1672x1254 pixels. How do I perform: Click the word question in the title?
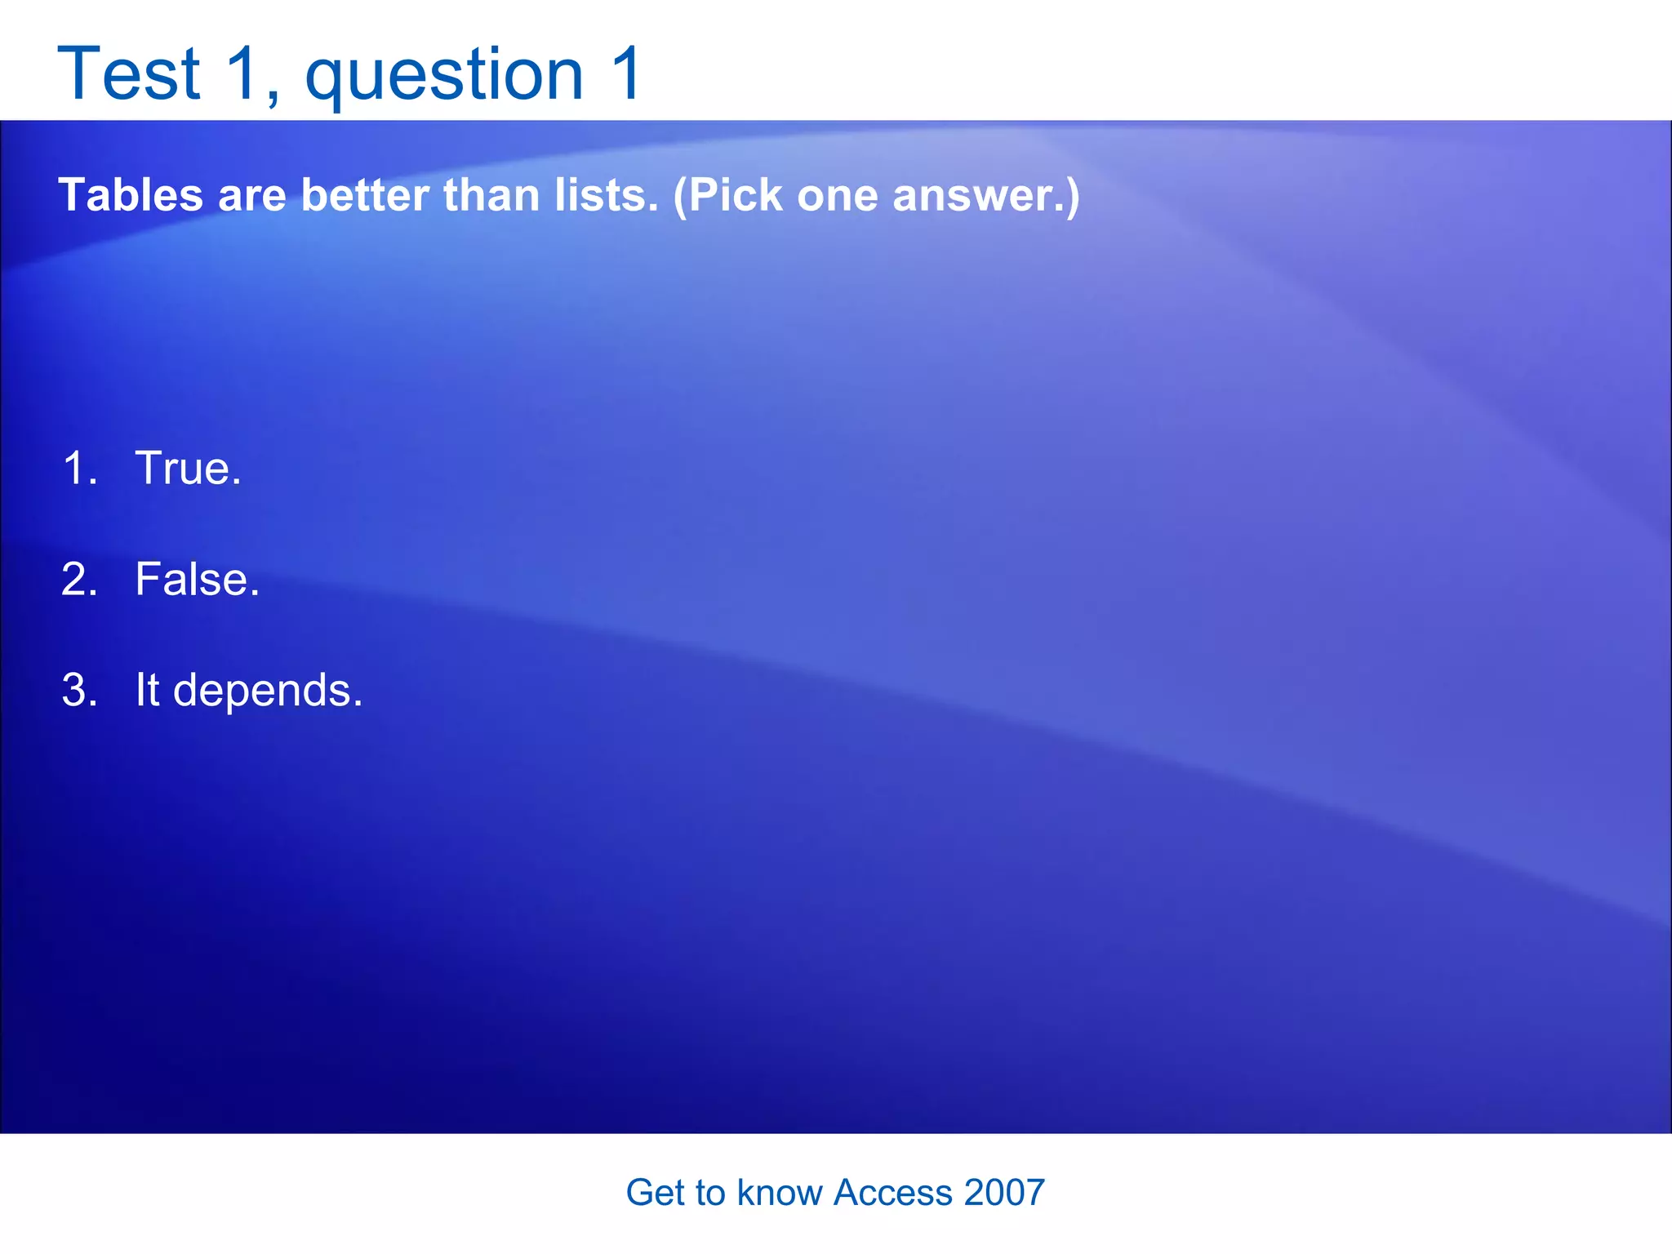coord(444,75)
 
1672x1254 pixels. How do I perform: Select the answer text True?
coord(188,469)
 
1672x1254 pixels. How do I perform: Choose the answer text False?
coord(197,580)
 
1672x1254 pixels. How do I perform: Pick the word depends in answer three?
coord(267,691)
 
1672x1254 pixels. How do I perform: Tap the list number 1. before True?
coord(80,469)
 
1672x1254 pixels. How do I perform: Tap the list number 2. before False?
coord(80,580)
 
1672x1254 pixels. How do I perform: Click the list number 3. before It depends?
coord(80,691)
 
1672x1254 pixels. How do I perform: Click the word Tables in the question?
coord(131,196)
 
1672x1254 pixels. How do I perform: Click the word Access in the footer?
coord(892,1193)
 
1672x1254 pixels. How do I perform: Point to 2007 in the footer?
coord(1004,1193)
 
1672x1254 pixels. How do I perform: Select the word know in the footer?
coord(780,1193)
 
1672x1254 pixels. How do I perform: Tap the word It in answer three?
coord(147,690)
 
